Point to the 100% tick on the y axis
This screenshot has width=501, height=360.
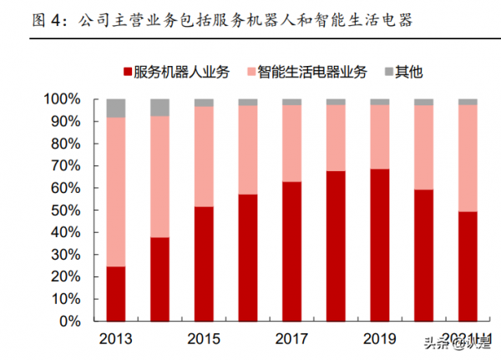coord(63,99)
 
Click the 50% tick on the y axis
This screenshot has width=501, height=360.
coord(66,210)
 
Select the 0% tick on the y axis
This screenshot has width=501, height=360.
coord(69,321)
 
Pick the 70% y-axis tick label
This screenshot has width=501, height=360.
coord(66,166)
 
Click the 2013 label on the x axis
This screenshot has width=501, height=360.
coord(115,338)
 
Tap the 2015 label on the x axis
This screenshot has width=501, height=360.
coord(204,338)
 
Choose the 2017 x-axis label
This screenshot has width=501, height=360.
coord(291,338)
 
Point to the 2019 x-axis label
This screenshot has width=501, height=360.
coord(380,338)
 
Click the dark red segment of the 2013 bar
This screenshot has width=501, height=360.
coord(115,293)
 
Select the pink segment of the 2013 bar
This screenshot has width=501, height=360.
coord(115,191)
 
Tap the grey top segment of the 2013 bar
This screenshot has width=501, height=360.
coord(115,108)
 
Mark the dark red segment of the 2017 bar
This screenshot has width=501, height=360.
coord(291,251)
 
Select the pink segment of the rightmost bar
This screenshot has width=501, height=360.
coord(468,158)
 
